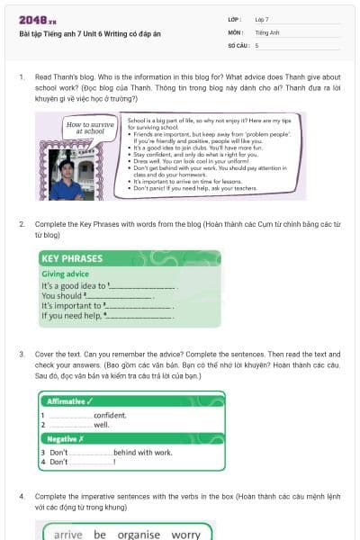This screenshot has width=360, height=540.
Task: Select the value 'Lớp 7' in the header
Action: click(x=262, y=19)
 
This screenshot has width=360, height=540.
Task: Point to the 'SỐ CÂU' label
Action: click(x=238, y=44)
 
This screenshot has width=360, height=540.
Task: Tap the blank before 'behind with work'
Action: click(x=91, y=453)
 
